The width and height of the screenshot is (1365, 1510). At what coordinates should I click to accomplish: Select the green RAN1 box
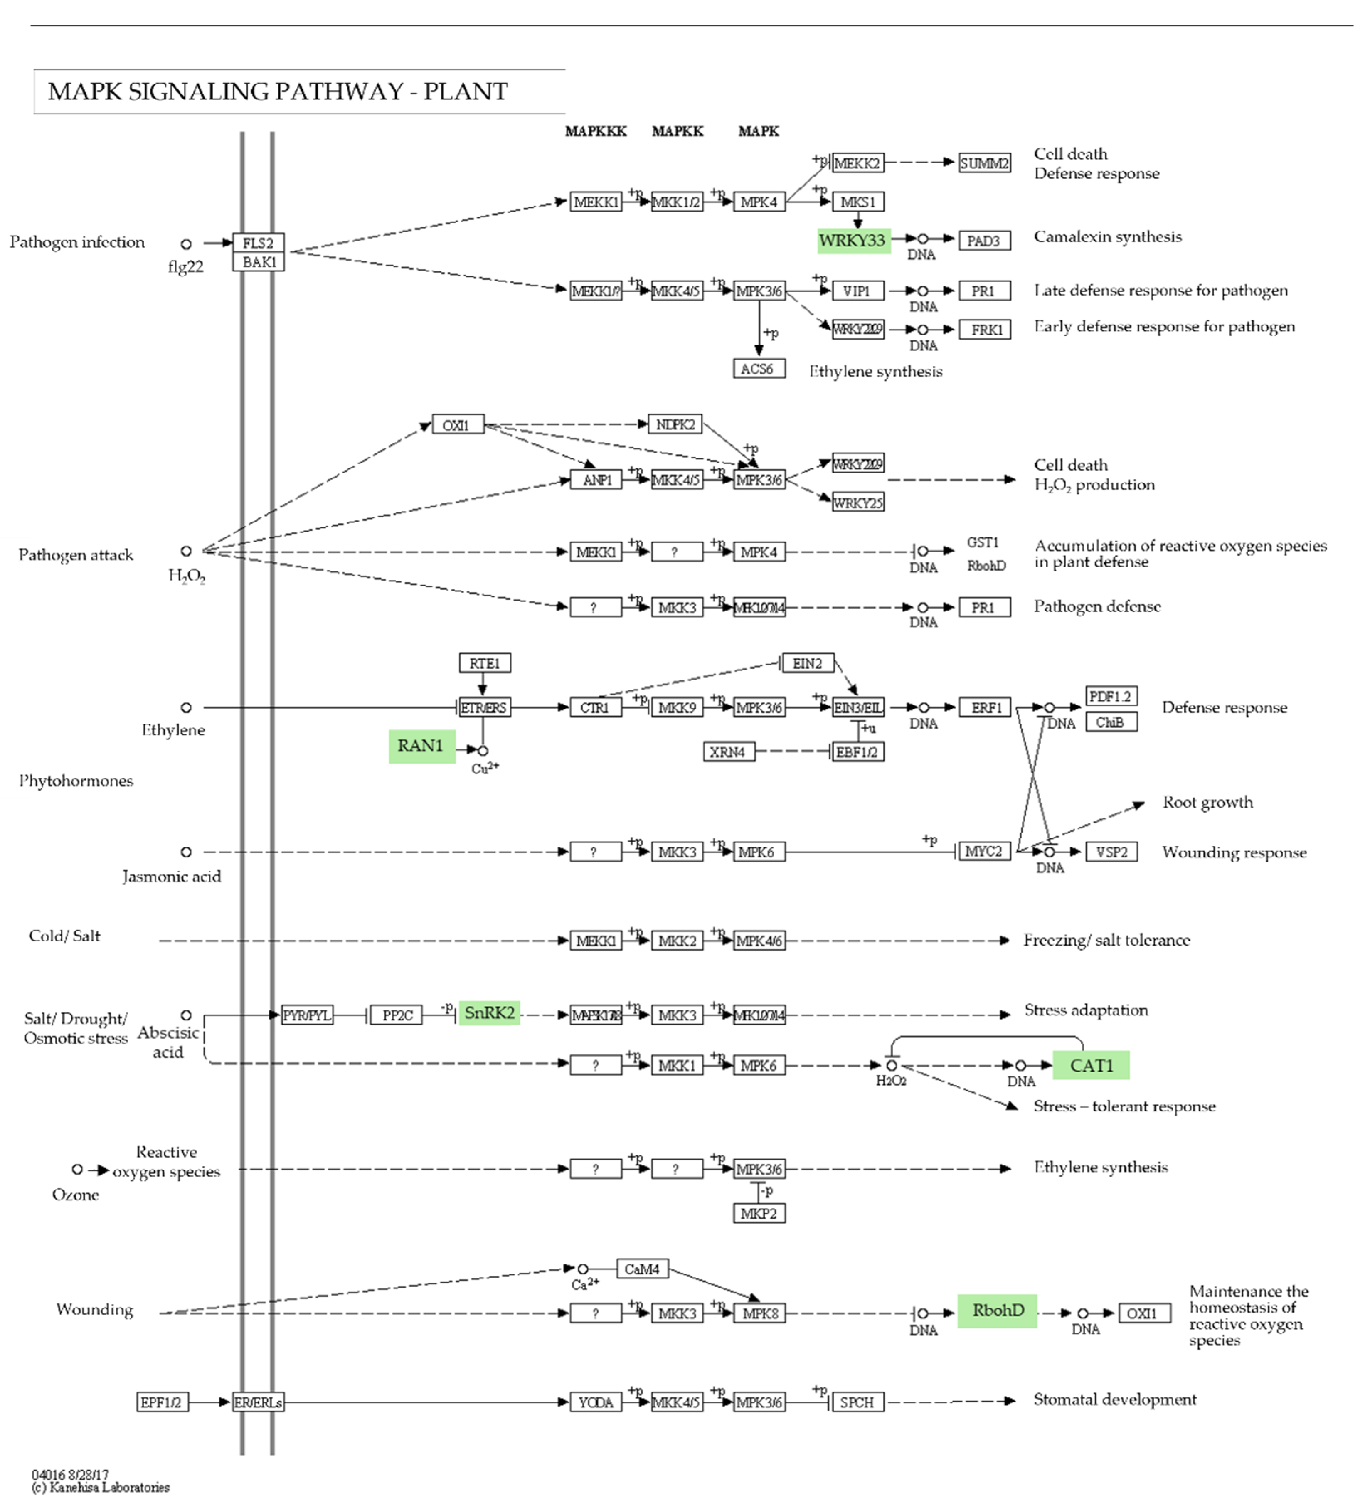pyautogui.click(x=421, y=746)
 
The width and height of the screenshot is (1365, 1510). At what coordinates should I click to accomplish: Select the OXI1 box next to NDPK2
pyautogui.click(x=457, y=425)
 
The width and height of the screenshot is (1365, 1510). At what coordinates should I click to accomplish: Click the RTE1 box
pyautogui.click(x=484, y=663)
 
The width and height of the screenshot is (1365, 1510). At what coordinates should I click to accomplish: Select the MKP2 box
pyautogui.click(x=758, y=1213)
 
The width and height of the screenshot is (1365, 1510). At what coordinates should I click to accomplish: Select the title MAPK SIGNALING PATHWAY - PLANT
pyautogui.click(x=277, y=91)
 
